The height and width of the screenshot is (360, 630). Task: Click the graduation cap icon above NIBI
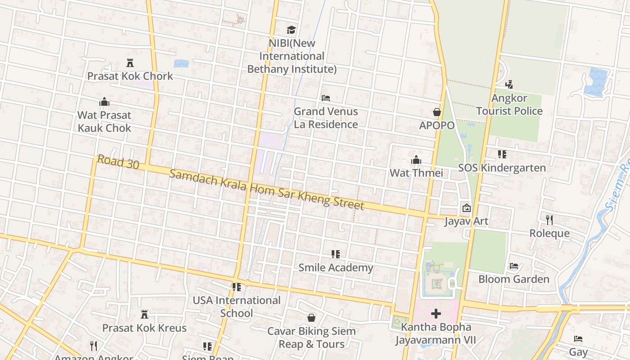[291, 30]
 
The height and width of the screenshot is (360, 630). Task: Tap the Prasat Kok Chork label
[130, 76]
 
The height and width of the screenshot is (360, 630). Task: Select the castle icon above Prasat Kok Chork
[130, 63]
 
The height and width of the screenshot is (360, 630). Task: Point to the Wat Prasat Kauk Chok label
[104, 121]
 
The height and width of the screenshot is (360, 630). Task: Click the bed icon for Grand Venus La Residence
[326, 98]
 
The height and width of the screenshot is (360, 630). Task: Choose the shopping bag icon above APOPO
[436, 112]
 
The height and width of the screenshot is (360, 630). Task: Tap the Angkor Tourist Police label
[509, 104]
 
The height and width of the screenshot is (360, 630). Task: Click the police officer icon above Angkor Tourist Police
[509, 84]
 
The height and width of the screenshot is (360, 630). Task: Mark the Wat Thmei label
[416, 173]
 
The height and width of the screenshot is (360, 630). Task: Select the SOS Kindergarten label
[502, 168]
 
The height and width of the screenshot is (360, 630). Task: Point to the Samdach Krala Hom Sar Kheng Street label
[267, 189]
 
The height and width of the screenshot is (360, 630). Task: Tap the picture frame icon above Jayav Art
[466, 208]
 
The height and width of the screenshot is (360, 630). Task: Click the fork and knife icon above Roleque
[549, 220]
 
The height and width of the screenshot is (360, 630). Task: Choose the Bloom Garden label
[513, 279]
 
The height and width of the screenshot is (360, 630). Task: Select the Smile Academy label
[336, 268]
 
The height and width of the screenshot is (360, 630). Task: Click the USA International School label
[237, 306]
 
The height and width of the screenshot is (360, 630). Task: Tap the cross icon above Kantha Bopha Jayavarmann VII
[436, 314]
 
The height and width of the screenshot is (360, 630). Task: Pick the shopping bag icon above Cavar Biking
[311, 318]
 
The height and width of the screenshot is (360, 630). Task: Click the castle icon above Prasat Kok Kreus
[144, 314]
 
